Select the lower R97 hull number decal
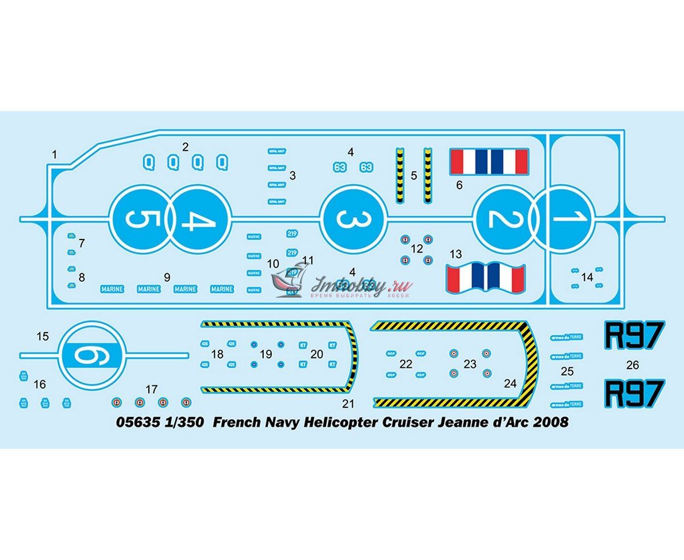tap(633, 393)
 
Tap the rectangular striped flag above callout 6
tap(487, 162)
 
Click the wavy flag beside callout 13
tap(486, 277)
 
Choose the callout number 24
tap(510, 384)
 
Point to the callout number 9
tap(167, 277)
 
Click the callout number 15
tap(43, 336)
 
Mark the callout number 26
tap(633, 365)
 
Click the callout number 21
tap(349, 404)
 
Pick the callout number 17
tap(151, 389)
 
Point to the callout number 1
tap(55, 154)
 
